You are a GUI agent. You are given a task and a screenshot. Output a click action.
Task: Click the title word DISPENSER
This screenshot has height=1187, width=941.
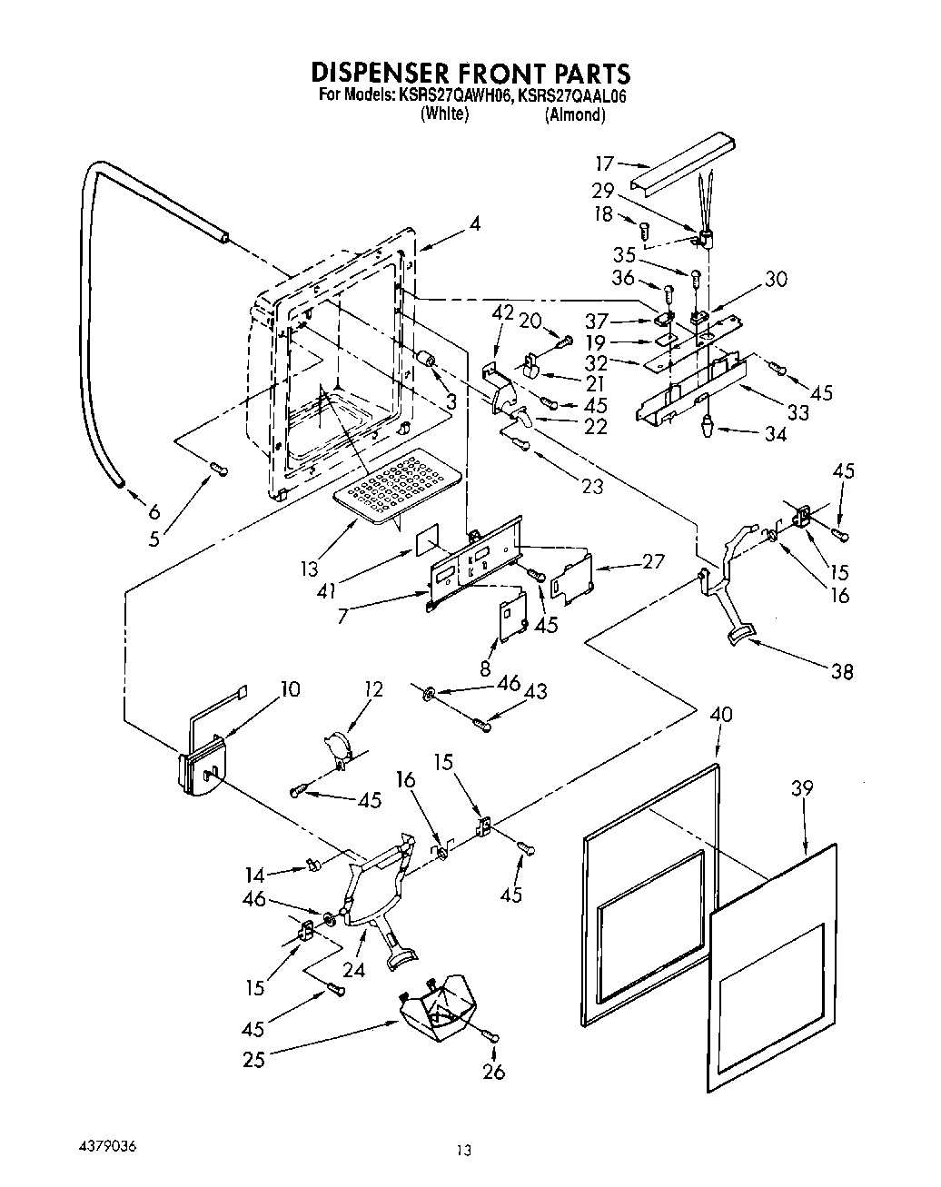click(x=386, y=74)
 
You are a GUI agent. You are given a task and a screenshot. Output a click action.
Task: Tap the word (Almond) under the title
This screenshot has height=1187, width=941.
click(x=574, y=115)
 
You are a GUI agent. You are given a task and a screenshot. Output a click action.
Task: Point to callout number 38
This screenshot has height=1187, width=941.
click(x=842, y=672)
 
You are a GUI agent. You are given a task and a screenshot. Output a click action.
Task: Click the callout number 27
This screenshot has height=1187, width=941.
click(x=652, y=560)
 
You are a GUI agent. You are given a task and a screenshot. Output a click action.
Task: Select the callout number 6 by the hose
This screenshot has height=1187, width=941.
click(x=154, y=511)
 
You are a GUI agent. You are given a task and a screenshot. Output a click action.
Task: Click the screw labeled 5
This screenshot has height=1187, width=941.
click(x=218, y=469)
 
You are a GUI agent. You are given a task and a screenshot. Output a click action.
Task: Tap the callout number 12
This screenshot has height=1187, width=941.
click(x=374, y=689)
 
